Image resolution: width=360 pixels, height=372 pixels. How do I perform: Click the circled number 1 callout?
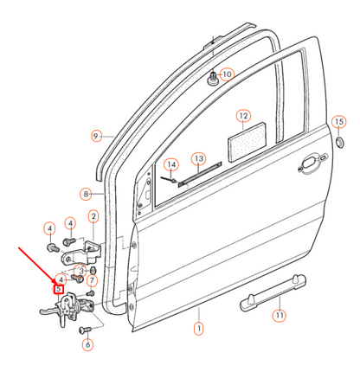pos(198,329)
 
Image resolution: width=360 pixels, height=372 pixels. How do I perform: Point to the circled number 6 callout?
pos(87,344)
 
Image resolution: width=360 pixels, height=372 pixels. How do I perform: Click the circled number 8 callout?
pos(87,194)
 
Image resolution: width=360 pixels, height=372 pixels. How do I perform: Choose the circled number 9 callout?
pos(98,136)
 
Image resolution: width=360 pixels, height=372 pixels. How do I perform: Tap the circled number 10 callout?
pos(227,75)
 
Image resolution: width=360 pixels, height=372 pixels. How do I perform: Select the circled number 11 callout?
pos(279,317)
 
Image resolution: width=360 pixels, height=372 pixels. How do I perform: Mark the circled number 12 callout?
pos(243,115)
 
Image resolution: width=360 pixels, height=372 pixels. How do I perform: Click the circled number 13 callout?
pos(199,159)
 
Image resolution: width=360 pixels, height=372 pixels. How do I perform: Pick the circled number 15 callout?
pos(339,122)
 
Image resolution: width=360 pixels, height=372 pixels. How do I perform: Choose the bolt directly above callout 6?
pos(85,330)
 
